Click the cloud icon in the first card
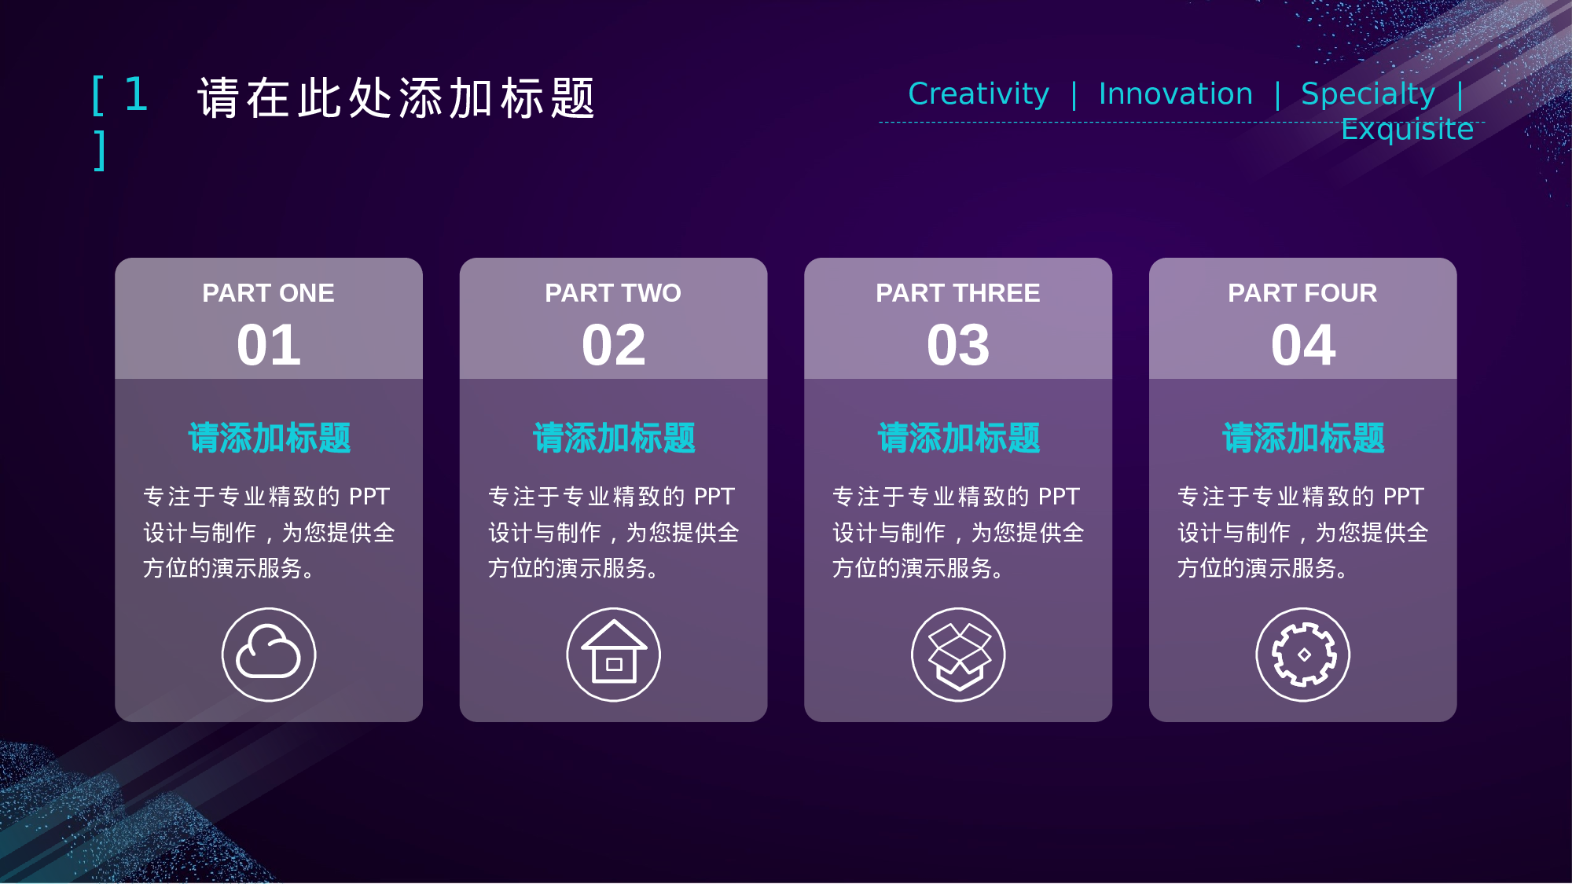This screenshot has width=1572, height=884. (269, 655)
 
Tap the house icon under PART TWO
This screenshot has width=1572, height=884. (614, 655)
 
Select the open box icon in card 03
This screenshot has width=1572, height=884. (958, 655)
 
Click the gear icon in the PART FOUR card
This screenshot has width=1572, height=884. (1303, 655)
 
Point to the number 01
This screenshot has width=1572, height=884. (269, 345)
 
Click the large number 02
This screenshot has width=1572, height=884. (614, 345)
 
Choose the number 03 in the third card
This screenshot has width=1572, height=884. (958, 345)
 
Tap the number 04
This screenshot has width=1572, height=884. (1303, 345)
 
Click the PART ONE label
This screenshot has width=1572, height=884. (269, 293)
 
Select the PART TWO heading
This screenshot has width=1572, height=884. (614, 293)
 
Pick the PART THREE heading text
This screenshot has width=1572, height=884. (958, 293)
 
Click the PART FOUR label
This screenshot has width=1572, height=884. (1303, 293)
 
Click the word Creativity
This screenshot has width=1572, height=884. (979, 94)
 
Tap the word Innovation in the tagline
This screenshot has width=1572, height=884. (1176, 94)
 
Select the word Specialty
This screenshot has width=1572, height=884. (1368, 94)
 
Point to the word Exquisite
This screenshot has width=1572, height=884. (1408, 129)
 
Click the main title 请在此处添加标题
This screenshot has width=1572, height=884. (397, 98)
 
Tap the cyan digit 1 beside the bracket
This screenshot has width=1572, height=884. (137, 95)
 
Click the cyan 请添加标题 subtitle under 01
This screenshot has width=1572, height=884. (269, 438)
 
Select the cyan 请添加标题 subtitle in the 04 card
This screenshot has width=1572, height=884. (1303, 438)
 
